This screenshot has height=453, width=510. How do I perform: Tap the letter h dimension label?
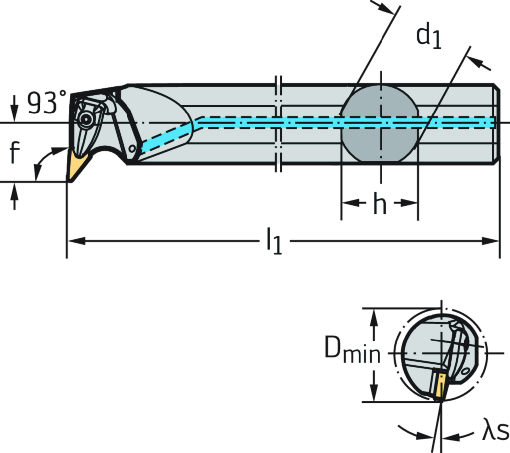point(380,203)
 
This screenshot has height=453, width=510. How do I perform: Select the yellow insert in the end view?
point(439,384)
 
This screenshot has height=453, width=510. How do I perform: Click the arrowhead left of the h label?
point(346,203)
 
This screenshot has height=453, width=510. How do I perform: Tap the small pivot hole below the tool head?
point(132,148)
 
